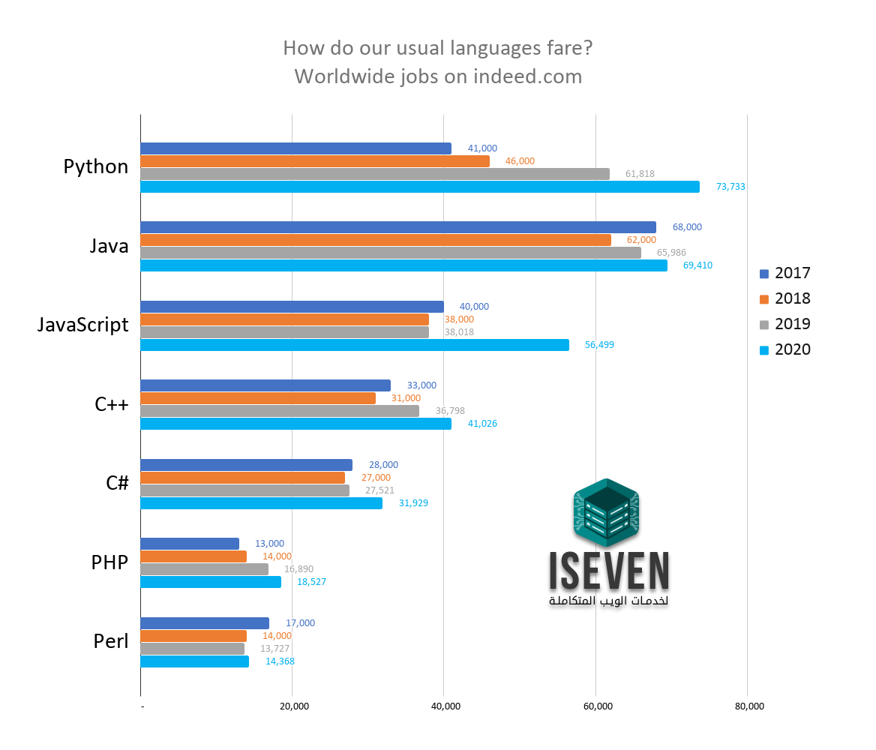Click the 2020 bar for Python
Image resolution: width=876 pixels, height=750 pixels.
point(420,187)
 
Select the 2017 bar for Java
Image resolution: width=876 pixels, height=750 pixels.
point(397,227)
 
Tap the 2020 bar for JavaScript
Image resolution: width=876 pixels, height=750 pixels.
point(354,345)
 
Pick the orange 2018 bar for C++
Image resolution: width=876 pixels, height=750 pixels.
point(258,398)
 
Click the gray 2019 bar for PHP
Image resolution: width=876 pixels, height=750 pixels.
point(204,569)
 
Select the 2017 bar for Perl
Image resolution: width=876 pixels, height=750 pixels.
point(204,623)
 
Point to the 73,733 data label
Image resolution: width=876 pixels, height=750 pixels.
point(730,187)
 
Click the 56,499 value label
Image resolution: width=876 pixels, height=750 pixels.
point(599,345)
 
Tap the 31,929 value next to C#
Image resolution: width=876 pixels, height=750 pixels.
point(413,503)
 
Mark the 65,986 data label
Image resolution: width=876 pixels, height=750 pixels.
point(671,253)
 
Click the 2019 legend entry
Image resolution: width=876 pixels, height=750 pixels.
point(785,324)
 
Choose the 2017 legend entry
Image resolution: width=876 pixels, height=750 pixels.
point(785,273)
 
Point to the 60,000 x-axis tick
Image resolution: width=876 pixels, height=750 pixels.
point(597,706)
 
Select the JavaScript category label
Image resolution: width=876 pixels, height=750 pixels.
point(83,325)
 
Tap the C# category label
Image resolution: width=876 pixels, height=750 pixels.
point(117,484)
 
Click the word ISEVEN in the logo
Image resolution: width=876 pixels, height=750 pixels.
point(608,572)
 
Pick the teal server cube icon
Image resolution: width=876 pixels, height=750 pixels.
point(606,512)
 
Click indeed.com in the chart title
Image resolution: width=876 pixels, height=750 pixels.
point(527,76)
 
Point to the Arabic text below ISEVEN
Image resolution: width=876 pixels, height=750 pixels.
point(608,602)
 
